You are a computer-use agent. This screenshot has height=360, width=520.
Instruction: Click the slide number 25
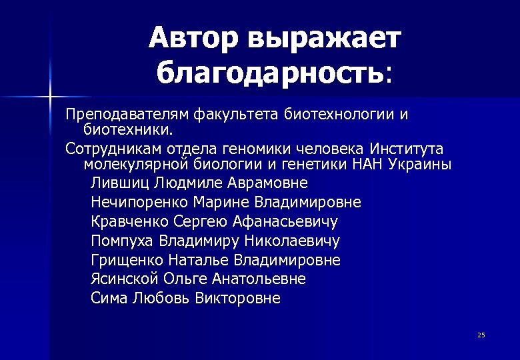pos(481,334)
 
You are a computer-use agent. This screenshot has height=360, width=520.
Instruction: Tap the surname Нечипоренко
pos(138,201)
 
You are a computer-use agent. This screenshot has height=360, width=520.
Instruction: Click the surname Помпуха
pos(123,240)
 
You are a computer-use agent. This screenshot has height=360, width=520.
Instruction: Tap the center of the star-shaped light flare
pos(51,99)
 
